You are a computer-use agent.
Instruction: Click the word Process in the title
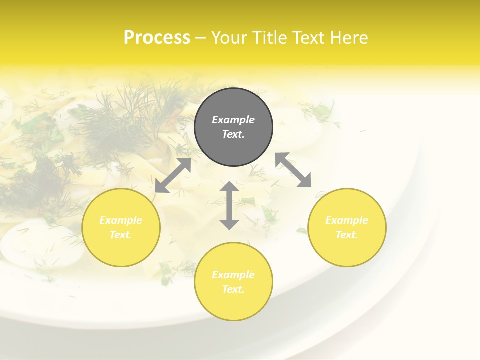click(x=157, y=38)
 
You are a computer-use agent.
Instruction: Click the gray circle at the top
click(x=233, y=145)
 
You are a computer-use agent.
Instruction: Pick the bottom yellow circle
click(x=233, y=305)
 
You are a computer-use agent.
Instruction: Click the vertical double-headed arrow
click(x=229, y=205)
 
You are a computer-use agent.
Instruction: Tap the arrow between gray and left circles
click(x=173, y=175)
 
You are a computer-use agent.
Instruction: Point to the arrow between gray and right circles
click(x=293, y=170)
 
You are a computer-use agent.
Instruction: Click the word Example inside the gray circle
click(x=233, y=120)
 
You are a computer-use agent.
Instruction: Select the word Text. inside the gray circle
click(x=233, y=134)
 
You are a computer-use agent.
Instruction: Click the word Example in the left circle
click(x=121, y=220)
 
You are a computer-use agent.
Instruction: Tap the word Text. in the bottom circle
click(x=233, y=289)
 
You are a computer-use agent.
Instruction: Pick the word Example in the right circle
click(x=347, y=220)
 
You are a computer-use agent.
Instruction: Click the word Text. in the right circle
click(x=347, y=235)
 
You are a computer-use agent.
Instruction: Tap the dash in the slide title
click(x=200, y=38)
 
